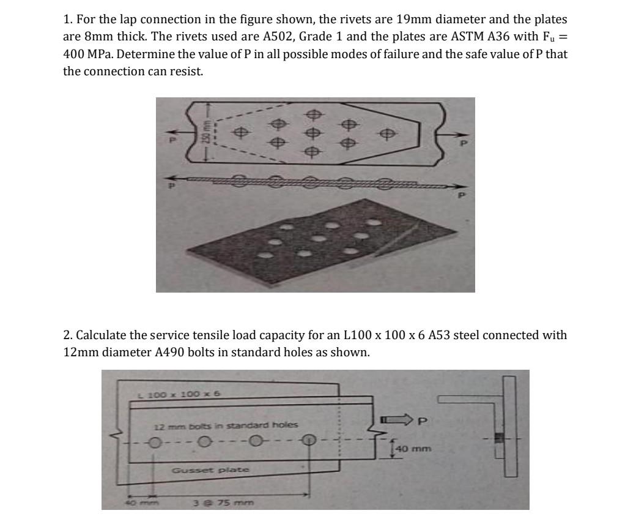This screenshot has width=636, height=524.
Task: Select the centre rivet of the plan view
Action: click(x=313, y=132)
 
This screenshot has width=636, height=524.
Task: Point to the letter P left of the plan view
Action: click(x=172, y=140)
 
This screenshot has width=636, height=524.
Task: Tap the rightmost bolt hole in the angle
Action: click(x=310, y=440)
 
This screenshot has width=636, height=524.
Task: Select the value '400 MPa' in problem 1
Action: click(x=89, y=54)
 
